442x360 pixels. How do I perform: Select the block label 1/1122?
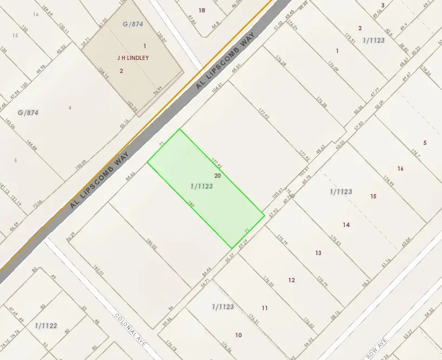click(46, 325)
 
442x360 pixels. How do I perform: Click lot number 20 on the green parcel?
click(218, 176)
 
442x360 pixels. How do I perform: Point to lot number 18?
click(202, 10)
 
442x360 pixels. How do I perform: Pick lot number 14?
click(346, 225)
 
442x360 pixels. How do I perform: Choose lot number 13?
click(318, 252)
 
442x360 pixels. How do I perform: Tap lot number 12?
click(292, 279)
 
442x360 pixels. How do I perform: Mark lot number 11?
click(265, 308)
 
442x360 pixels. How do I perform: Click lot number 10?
click(238, 335)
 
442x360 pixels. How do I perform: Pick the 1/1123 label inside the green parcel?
click(202, 186)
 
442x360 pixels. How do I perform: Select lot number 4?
click(70, 108)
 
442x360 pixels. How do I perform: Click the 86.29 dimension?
click(70, 236)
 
